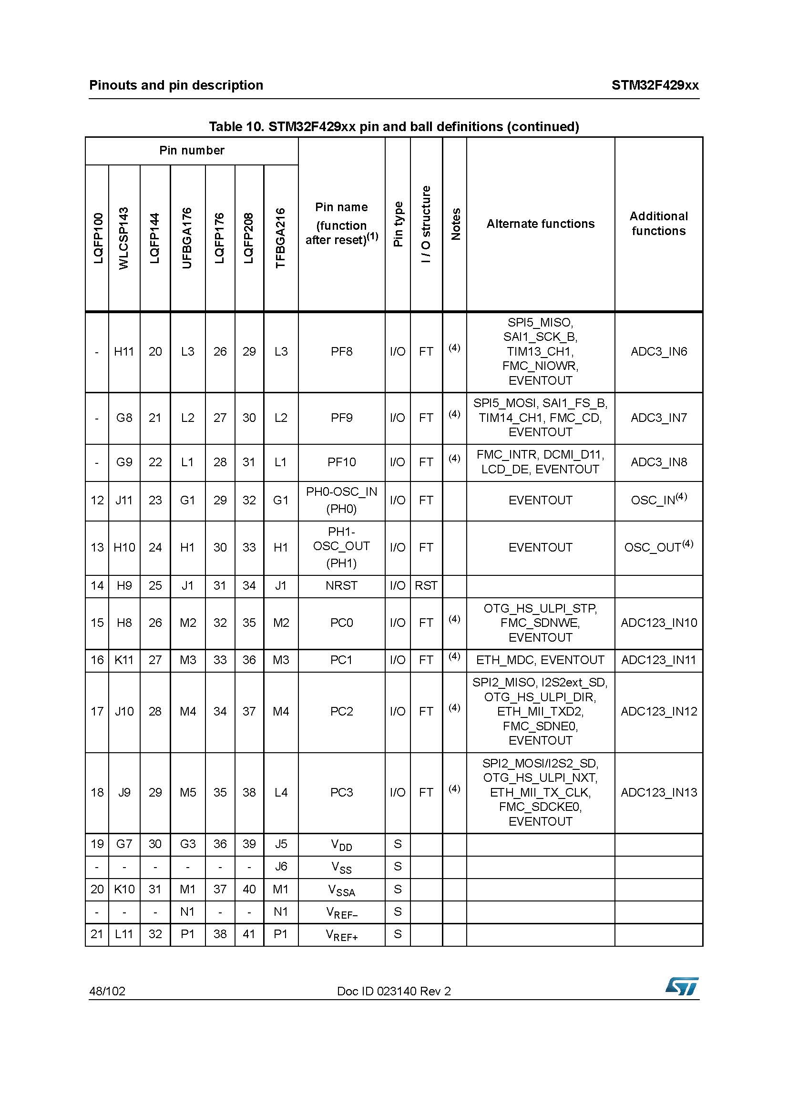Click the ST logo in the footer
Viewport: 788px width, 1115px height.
pyautogui.click(x=682, y=986)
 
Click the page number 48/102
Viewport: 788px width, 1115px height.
pyautogui.click(x=107, y=991)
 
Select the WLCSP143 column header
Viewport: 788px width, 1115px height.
pyautogui.click(x=124, y=238)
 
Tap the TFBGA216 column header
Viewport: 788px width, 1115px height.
pyautogui.click(x=281, y=238)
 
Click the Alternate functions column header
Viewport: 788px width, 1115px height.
pyautogui.click(x=541, y=224)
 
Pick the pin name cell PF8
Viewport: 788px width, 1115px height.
pyautogui.click(x=341, y=352)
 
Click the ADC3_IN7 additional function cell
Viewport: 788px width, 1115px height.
pyautogui.click(x=658, y=418)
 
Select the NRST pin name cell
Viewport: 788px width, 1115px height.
pyautogui.click(x=341, y=586)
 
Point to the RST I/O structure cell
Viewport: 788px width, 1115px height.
pyautogui.click(x=426, y=586)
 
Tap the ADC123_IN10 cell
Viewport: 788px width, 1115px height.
pyautogui.click(x=658, y=623)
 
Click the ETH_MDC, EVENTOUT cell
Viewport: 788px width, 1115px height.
pyautogui.click(x=541, y=660)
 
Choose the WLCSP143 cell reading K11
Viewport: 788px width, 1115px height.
pyautogui.click(x=124, y=660)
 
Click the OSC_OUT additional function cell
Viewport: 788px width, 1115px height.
pyautogui.click(x=658, y=547)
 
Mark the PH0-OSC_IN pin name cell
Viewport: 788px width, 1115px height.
pyautogui.click(x=341, y=500)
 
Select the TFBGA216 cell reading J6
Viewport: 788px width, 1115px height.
pyautogui.click(x=281, y=866)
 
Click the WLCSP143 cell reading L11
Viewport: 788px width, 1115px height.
pyautogui.click(x=124, y=934)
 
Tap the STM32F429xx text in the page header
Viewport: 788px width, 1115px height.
pyautogui.click(x=655, y=85)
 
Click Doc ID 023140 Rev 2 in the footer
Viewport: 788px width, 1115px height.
pyautogui.click(x=394, y=991)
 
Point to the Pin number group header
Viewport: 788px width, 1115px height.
pyautogui.click(x=192, y=151)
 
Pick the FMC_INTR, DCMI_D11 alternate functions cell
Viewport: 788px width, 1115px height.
pyautogui.click(x=541, y=462)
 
